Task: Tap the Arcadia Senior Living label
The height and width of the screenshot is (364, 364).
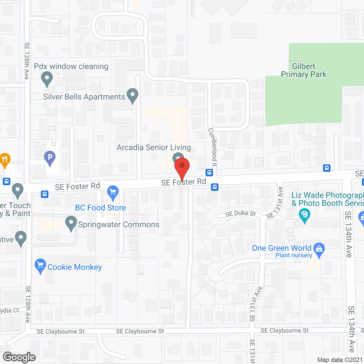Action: tap(154, 147)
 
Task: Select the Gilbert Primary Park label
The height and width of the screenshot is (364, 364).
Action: tap(304, 70)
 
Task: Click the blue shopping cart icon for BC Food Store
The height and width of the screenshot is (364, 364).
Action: tap(113, 193)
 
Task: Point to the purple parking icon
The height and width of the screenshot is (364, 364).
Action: tap(50, 157)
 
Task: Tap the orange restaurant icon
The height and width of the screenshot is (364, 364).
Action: tap(5, 160)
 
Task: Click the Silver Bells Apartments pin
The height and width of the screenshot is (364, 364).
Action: tap(132, 95)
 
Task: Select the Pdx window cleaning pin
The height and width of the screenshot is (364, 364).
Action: tap(47, 78)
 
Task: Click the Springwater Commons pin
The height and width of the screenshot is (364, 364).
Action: tap(71, 223)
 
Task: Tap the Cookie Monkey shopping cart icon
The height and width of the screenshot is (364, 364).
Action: tap(40, 266)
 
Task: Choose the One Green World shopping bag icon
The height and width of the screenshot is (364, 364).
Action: tap(319, 249)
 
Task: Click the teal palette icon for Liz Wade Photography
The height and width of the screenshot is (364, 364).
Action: tap(304, 215)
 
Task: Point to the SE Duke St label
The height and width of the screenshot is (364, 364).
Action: tap(241, 213)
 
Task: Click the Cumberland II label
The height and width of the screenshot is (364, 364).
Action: tap(213, 147)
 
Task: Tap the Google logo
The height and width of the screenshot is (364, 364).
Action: tap(19, 357)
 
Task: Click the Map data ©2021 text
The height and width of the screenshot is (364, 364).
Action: tap(340, 360)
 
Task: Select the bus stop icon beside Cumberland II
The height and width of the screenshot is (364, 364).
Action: tap(209, 172)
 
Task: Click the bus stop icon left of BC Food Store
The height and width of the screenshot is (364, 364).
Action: tap(45, 194)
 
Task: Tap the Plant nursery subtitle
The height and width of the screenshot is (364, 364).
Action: tap(294, 255)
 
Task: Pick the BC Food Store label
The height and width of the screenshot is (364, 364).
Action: tap(100, 208)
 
